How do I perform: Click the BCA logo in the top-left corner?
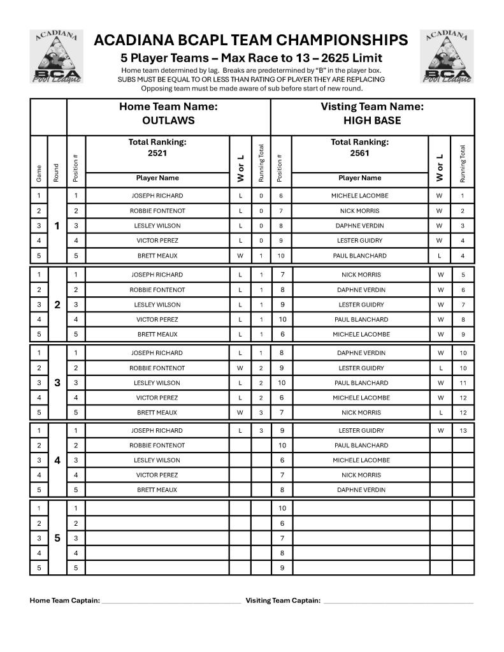57,57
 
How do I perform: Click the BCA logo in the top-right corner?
447,57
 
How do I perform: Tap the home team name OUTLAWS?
168,120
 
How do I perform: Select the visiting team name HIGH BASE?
372,120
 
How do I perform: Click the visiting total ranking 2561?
359,153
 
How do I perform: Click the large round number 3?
57,382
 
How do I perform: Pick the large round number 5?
57,538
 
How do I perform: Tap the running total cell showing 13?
463,430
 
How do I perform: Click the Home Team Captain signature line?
171,601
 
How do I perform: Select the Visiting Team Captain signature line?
398,601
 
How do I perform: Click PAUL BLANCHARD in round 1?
359,256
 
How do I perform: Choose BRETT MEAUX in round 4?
157,490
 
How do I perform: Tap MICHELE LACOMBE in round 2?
359,334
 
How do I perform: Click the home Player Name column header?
157,178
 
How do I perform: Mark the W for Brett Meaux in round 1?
240,256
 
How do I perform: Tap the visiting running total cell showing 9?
463,334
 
